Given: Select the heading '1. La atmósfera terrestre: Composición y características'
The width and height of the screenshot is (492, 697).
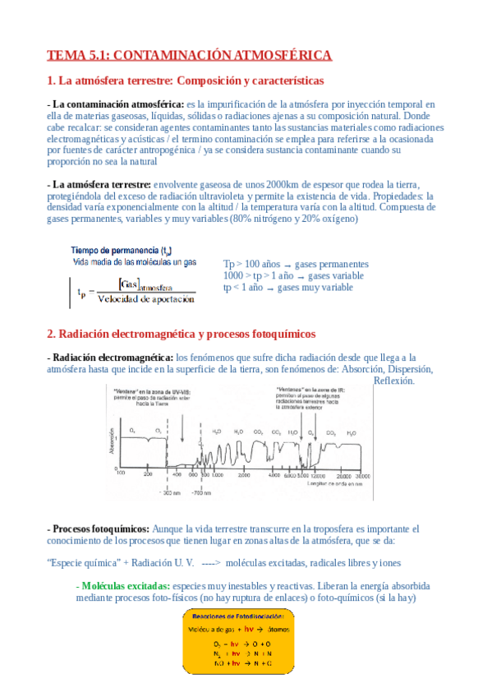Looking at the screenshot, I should tap(186, 81).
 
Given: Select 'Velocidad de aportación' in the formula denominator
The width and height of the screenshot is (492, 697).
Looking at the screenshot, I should tap(145, 299).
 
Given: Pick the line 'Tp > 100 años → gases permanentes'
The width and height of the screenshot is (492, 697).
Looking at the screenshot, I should tap(296, 264).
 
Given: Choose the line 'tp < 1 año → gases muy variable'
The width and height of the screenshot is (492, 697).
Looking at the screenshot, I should tap(287, 288).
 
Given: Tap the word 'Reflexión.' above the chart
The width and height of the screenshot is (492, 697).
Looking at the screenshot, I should tap(394, 381).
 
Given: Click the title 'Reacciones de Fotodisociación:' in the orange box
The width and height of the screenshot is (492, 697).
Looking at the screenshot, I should tap(238, 615).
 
